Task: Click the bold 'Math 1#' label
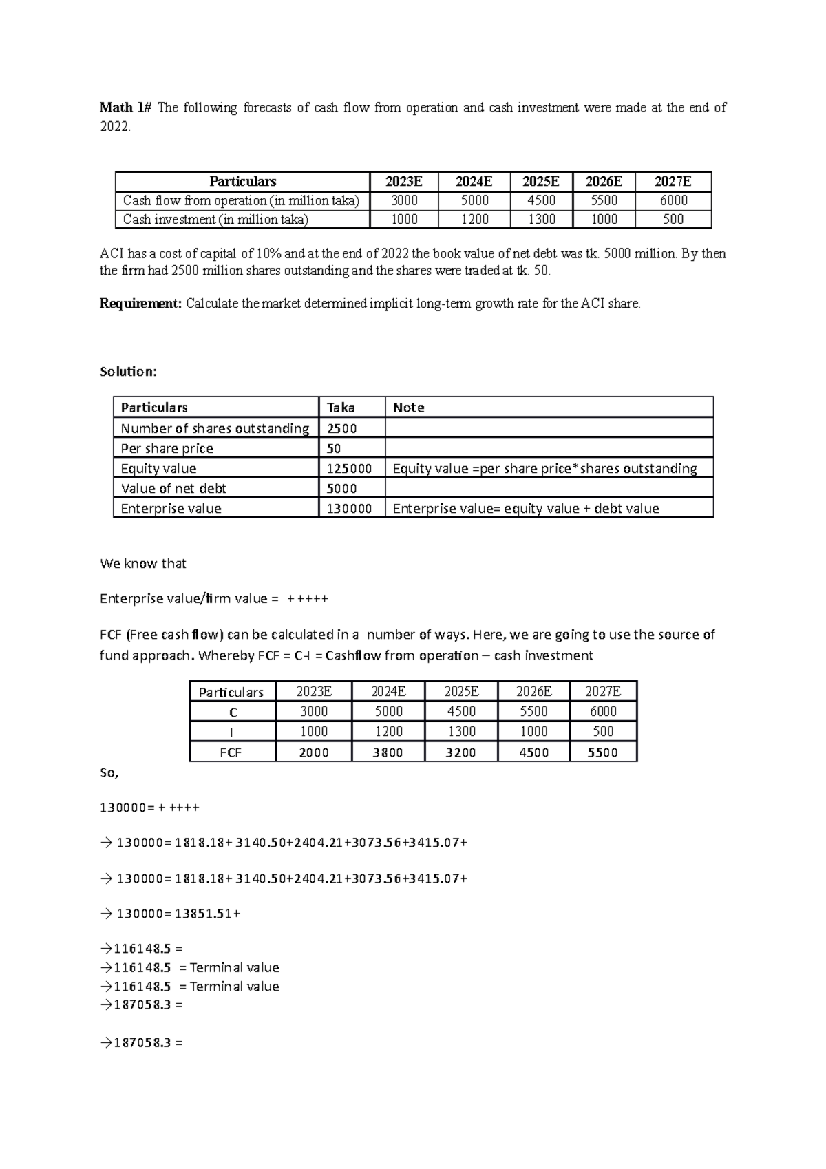point(121,107)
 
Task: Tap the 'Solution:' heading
point(129,372)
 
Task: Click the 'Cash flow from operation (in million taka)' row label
point(241,200)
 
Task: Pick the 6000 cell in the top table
point(673,200)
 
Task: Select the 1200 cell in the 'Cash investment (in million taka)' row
point(474,220)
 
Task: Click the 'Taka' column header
point(341,408)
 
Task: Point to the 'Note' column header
point(408,408)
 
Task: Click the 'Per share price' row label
point(167,448)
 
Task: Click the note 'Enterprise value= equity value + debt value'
point(526,509)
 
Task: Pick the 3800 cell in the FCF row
point(388,752)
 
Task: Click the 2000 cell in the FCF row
point(314,752)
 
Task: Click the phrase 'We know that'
point(143,564)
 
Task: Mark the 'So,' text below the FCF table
point(109,773)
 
